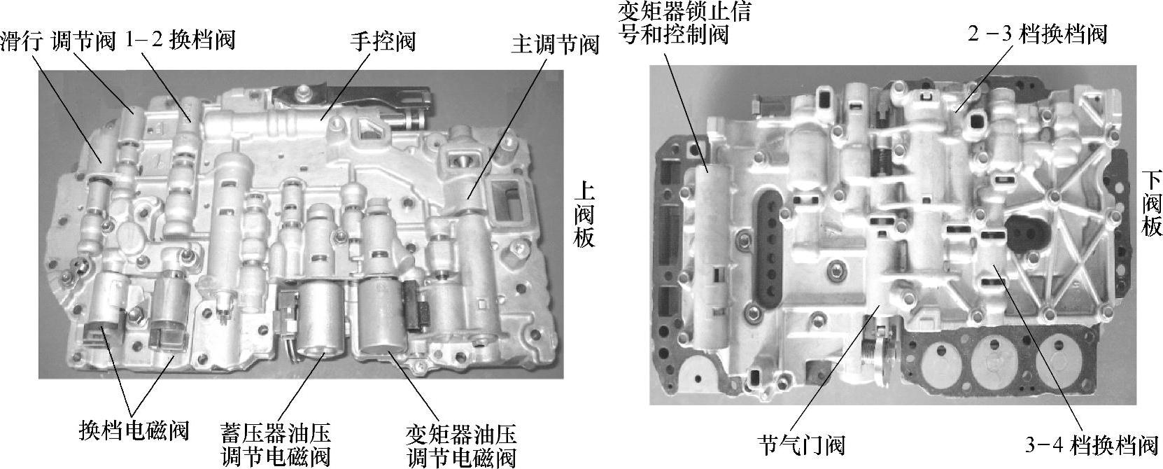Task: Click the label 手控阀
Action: tap(383, 41)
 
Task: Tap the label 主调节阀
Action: tap(555, 45)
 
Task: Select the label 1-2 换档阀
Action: tap(180, 40)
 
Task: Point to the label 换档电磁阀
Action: tap(134, 430)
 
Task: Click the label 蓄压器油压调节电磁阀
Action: tap(276, 446)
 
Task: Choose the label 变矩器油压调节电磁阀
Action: tap(462, 446)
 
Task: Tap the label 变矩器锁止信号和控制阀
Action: tap(684, 22)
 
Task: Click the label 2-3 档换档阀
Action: tap(1037, 35)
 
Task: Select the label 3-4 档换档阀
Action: tap(1092, 445)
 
